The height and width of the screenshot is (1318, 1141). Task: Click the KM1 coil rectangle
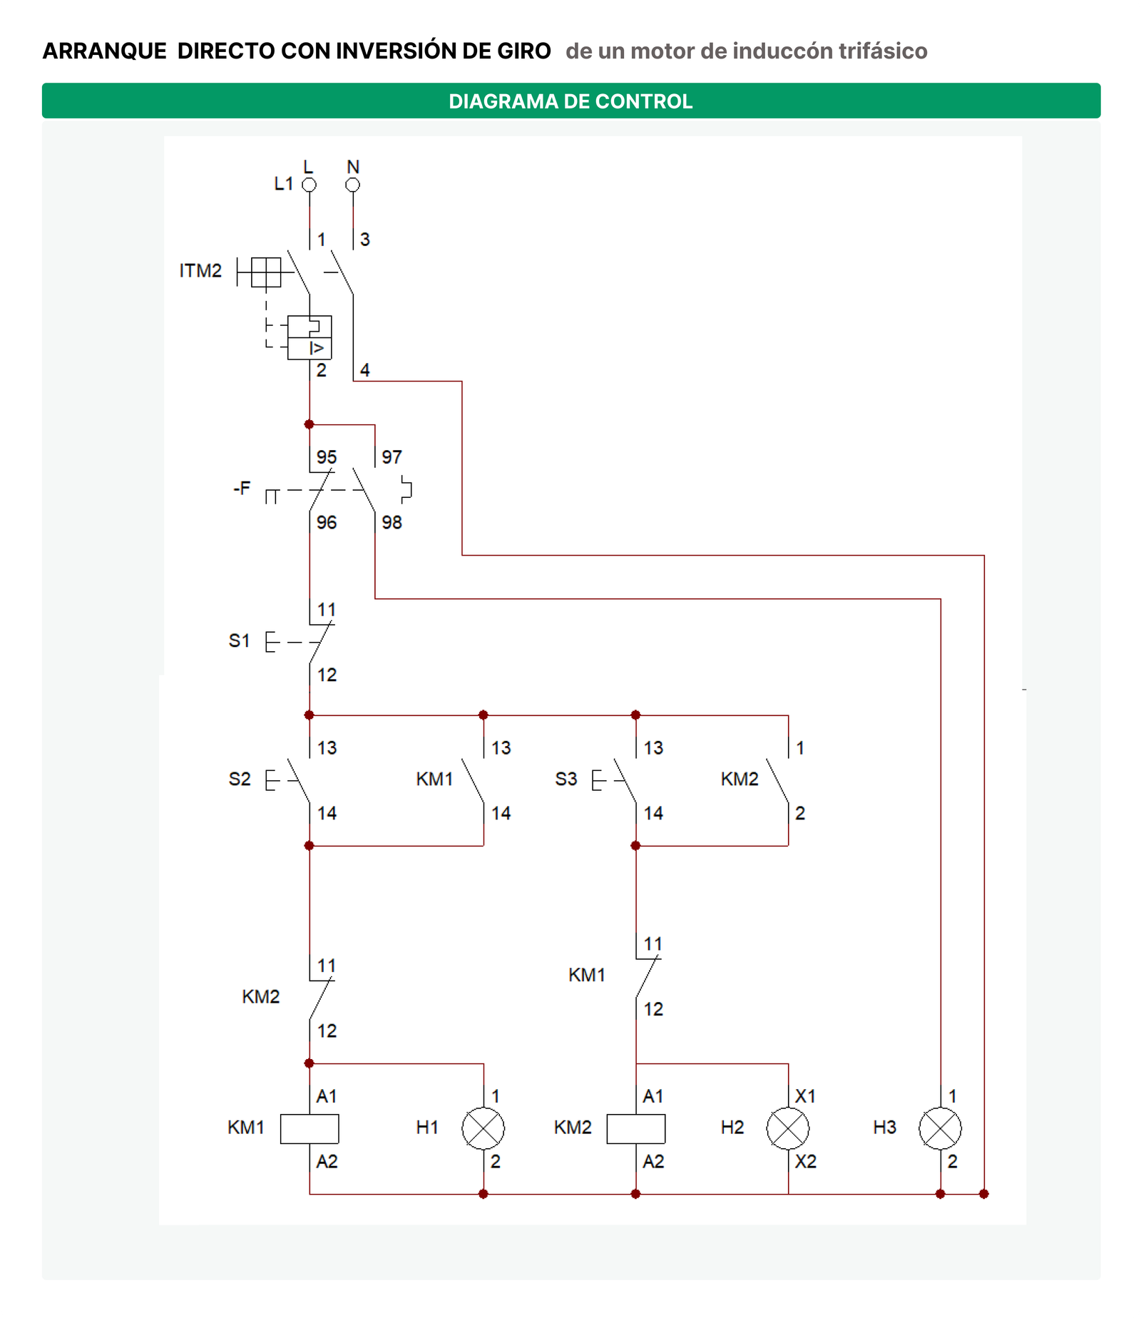click(309, 1128)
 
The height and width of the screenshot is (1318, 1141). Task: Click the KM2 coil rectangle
click(635, 1128)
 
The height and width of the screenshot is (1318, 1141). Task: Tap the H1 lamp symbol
click(483, 1128)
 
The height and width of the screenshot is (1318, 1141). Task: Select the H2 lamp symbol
click(788, 1128)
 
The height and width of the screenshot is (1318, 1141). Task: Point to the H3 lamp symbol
click(941, 1128)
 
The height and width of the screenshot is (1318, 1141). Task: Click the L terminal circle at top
click(309, 185)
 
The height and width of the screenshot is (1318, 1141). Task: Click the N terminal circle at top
click(352, 185)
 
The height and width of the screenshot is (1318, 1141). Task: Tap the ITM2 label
click(200, 271)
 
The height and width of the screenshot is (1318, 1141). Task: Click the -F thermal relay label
click(242, 488)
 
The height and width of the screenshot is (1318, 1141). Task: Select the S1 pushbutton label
click(239, 640)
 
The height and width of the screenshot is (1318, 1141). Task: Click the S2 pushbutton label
click(240, 779)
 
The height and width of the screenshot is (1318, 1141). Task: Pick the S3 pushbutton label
click(566, 779)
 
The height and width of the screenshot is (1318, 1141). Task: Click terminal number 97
click(392, 457)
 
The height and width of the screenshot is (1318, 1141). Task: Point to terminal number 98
click(392, 523)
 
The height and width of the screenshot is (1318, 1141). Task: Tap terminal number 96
click(327, 523)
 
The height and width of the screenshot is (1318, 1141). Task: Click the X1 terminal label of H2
click(805, 1096)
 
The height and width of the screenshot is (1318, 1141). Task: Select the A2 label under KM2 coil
click(653, 1162)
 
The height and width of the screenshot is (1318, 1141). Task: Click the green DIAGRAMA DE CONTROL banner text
click(570, 101)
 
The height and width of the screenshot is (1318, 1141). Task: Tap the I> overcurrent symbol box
click(309, 348)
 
